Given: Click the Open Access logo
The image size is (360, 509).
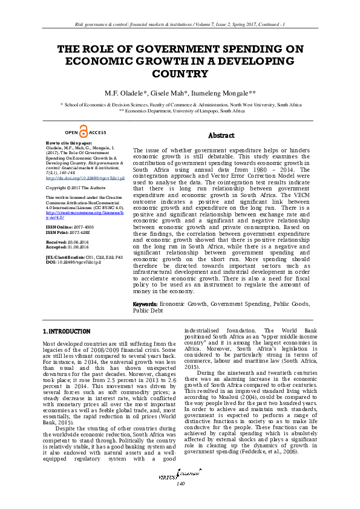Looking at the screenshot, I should [x=85, y=133].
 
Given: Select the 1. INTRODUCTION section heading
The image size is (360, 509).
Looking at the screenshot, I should [x=67, y=332].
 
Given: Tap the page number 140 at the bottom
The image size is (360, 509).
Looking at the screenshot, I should [x=180, y=501].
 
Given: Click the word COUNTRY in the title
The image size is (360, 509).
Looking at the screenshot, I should [x=180, y=74].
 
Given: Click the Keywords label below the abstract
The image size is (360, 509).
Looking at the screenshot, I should [x=145, y=305].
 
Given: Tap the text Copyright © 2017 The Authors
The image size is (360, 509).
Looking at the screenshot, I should [x=74, y=188].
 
